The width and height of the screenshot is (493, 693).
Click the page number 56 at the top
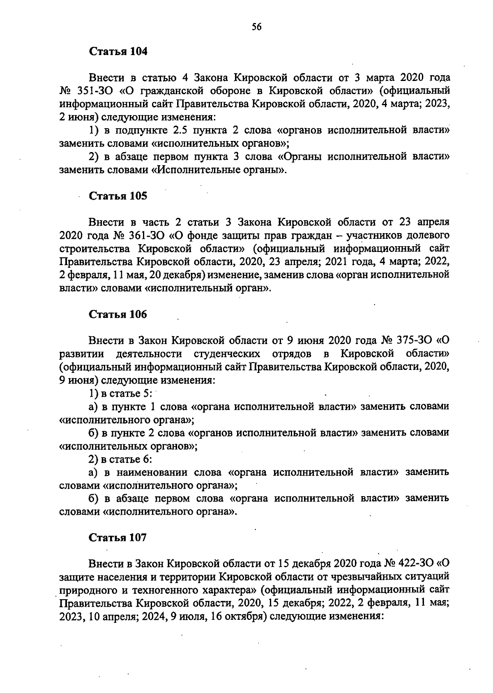tap(256, 27)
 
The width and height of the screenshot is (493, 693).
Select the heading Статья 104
tap(118, 52)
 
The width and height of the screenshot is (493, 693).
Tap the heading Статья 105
tap(118, 196)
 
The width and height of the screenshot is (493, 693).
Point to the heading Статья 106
tap(118, 314)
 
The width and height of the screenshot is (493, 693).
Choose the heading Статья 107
tap(118, 538)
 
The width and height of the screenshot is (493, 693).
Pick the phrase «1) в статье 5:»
tap(120, 393)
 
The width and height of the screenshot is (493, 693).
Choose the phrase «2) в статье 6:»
tap(120, 459)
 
